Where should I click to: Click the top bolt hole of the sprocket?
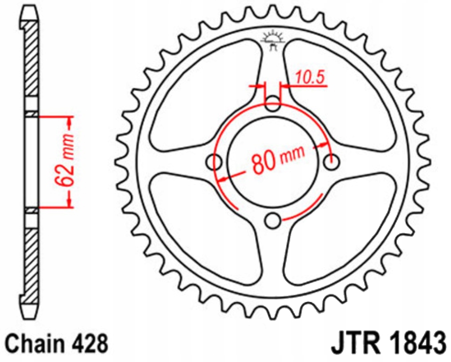[x=273, y=104]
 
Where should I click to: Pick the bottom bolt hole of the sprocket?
[x=273, y=220]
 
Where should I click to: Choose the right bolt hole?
[x=331, y=162]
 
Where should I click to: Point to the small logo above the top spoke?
[x=273, y=40]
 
